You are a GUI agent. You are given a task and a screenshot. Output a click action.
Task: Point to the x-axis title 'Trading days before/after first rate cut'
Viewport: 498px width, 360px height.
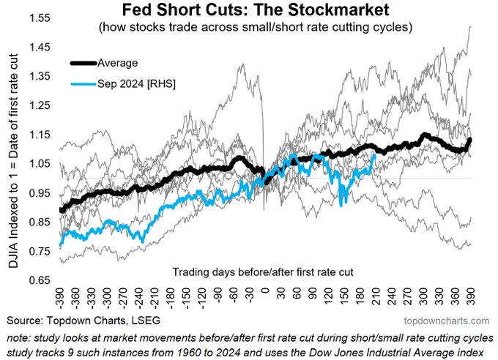tap(262, 271)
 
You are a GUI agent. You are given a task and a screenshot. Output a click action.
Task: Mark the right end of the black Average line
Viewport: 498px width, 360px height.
tap(469, 139)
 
